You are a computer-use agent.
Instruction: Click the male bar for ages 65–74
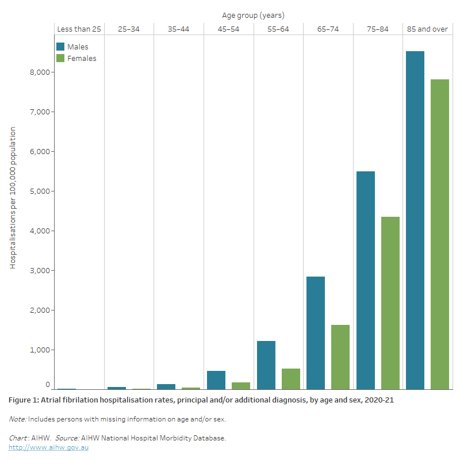pyautogui.click(x=316, y=333)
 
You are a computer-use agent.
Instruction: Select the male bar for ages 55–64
pyautogui.click(x=266, y=365)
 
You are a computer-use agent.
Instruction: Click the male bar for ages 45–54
pyautogui.click(x=216, y=380)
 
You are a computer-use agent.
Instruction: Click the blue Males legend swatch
pyautogui.click(x=60, y=47)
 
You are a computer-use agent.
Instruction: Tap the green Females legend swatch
pyautogui.click(x=60, y=58)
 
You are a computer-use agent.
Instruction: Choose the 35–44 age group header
pyautogui.click(x=178, y=29)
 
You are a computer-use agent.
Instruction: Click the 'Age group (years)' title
pyautogui.click(x=253, y=15)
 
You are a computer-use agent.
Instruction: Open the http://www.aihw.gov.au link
pyautogui.click(x=48, y=447)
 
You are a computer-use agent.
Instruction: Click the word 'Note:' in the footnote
pyautogui.click(x=17, y=419)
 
